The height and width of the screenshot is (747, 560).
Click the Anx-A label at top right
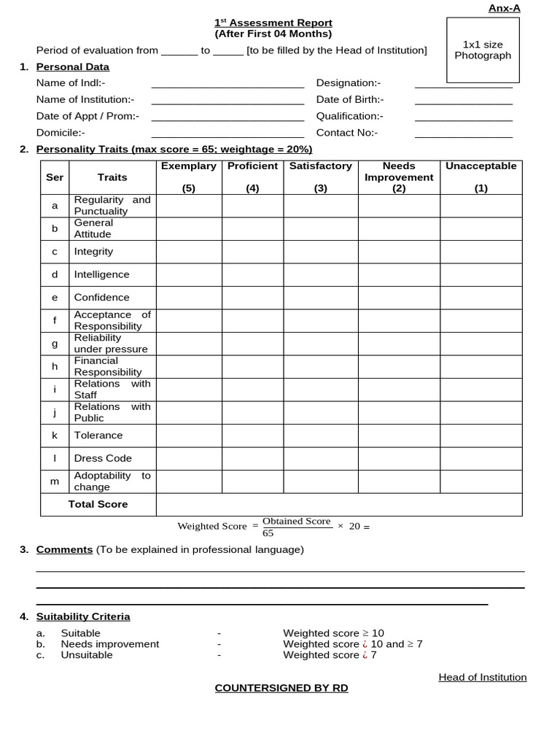tap(504, 8)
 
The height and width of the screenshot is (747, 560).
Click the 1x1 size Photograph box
tap(483, 50)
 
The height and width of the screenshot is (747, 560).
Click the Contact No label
tap(346, 133)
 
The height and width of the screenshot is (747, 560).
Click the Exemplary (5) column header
tap(189, 177)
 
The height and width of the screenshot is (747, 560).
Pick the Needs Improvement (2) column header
tap(398, 177)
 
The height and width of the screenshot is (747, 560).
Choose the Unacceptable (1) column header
tap(481, 177)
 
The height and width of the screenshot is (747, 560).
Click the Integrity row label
tap(93, 252)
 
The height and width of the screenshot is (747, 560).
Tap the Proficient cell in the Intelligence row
tap(252, 275)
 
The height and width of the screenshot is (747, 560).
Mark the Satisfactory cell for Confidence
tap(320, 298)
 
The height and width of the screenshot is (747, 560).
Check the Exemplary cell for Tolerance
tap(189, 436)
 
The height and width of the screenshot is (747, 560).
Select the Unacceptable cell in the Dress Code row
tap(481, 459)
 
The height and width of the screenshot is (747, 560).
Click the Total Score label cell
tap(98, 504)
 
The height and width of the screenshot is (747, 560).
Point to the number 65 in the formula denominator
tap(268, 533)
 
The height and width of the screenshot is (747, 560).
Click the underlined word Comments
tap(64, 549)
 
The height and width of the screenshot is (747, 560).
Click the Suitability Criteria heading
tap(83, 616)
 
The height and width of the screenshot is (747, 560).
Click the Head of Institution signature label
tap(482, 677)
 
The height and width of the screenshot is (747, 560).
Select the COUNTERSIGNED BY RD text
tap(281, 688)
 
